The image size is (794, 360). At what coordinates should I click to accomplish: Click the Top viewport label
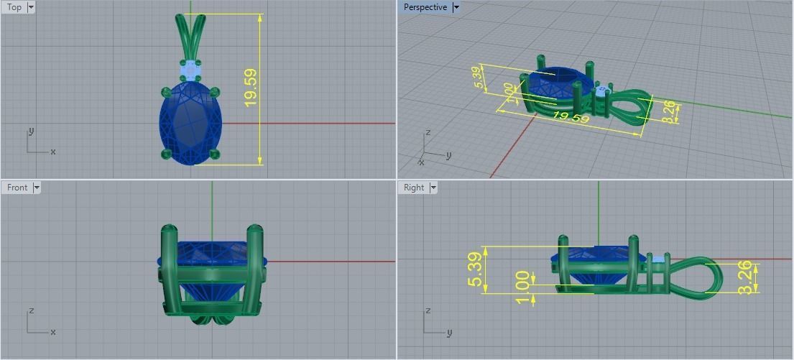14,7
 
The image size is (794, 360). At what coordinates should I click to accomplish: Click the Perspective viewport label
425,7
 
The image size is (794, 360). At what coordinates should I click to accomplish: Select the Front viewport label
17,188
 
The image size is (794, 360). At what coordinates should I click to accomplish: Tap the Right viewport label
414,188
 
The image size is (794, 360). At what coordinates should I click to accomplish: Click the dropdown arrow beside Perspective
456,7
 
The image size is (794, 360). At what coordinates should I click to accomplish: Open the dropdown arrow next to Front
37,188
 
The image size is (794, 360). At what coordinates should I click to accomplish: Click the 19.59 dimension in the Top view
251,88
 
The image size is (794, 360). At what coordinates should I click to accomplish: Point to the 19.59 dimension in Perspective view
572,117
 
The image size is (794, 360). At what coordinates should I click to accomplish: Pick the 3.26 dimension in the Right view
745,277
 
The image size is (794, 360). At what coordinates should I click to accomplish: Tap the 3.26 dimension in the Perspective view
669,111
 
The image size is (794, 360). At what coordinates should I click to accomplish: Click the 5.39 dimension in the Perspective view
478,77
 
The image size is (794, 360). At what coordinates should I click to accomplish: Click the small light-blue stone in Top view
190,70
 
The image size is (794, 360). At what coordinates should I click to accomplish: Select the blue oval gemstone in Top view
190,122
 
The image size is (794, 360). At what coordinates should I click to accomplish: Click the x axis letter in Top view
53,152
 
